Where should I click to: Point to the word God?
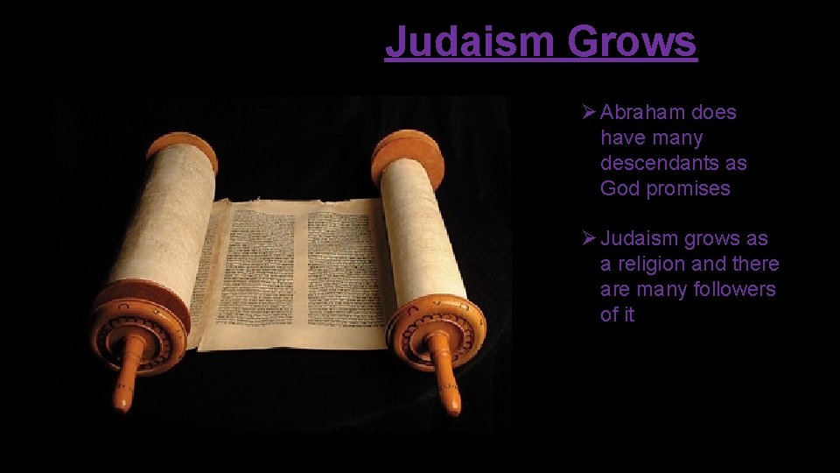click(x=619, y=188)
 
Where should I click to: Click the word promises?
click(x=688, y=188)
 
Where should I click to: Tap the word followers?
click(x=734, y=289)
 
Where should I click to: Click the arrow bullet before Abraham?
click(x=589, y=112)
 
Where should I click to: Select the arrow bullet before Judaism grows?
click(x=589, y=238)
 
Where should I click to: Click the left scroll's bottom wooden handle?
click(x=127, y=377)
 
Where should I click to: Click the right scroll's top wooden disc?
click(x=407, y=151)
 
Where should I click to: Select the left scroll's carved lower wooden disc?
click(x=140, y=324)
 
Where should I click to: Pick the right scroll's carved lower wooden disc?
click(x=435, y=328)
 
